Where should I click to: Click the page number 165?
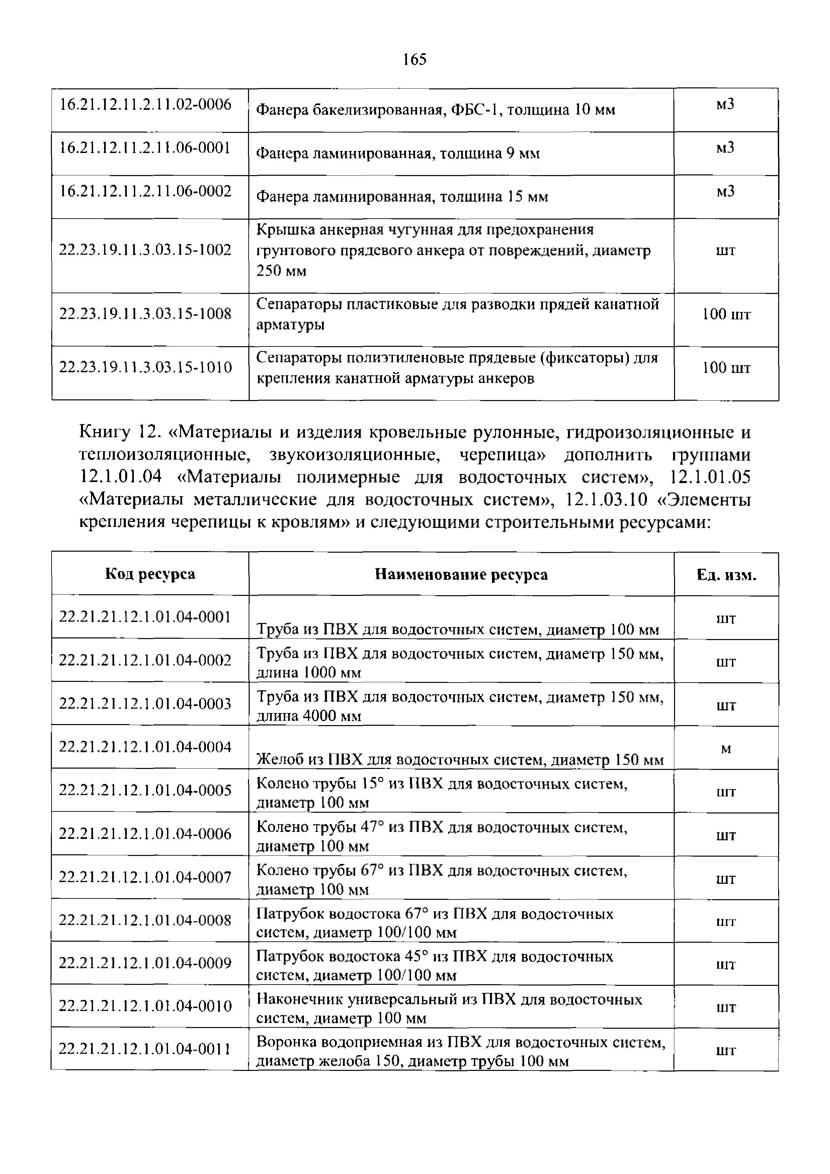point(414,60)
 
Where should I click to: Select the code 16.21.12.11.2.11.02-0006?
point(146,104)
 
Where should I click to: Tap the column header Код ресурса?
point(150,574)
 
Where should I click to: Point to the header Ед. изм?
point(726,575)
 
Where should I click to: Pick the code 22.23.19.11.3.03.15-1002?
point(146,250)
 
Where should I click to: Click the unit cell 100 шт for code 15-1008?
point(726,314)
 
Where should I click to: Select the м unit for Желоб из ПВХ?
point(726,749)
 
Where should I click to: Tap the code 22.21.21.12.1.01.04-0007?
point(146,877)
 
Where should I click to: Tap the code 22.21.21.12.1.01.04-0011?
point(146,1049)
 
